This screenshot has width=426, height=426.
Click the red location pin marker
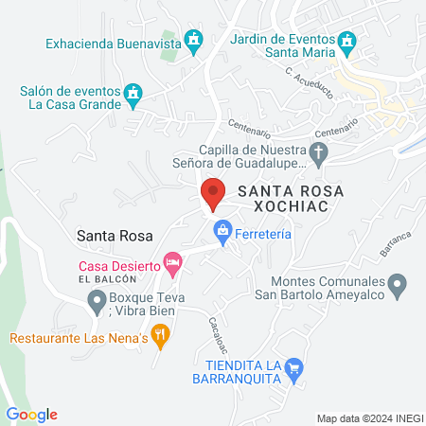[x=213, y=193]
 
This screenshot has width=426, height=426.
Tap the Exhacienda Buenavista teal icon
[x=194, y=41]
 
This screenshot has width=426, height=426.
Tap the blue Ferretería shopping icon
[x=222, y=230]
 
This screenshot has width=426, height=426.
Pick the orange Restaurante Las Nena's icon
[x=161, y=333]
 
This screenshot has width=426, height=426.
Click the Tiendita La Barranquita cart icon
[x=294, y=367]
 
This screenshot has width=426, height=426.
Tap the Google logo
[x=31, y=415]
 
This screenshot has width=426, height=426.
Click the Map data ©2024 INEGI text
[x=368, y=417]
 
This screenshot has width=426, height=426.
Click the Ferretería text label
[x=266, y=230]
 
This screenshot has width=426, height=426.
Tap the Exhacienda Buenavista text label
[x=114, y=42]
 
